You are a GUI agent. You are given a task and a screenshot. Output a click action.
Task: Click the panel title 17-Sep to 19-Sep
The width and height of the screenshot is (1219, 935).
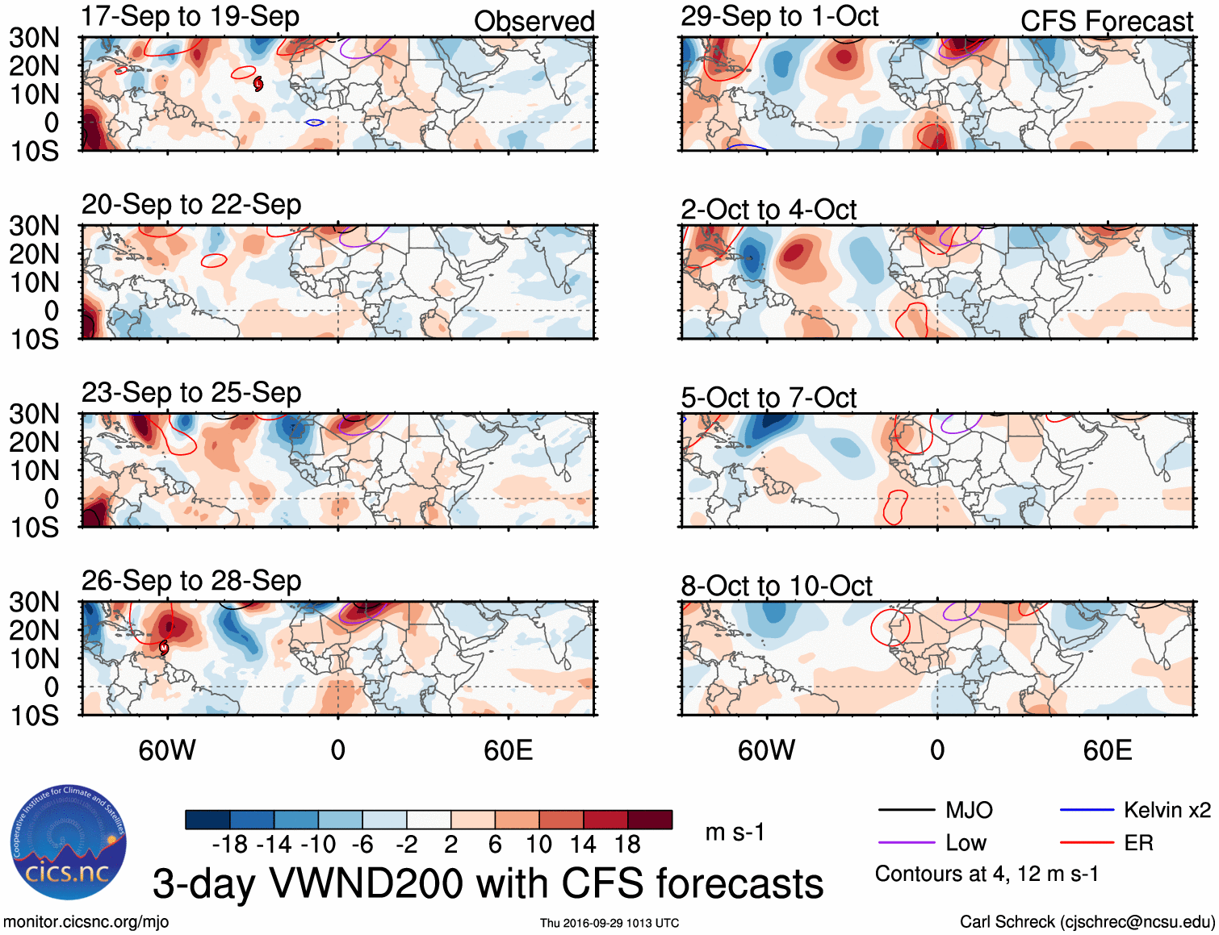(x=191, y=16)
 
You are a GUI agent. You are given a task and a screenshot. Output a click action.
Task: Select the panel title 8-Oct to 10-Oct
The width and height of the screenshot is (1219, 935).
(x=776, y=586)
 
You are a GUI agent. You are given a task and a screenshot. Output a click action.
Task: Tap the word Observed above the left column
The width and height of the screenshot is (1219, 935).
(x=534, y=22)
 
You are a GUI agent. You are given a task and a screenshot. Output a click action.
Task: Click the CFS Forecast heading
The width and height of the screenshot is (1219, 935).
(x=1106, y=22)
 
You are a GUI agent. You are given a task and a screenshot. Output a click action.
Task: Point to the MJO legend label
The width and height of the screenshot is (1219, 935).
(x=969, y=810)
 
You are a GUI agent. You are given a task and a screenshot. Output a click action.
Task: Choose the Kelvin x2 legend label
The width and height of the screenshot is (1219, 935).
(x=1167, y=810)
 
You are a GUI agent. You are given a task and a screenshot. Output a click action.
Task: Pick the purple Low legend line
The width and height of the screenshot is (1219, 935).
(x=907, y=843)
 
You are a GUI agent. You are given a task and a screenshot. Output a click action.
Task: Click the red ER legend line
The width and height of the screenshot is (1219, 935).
(x=1087, y=843)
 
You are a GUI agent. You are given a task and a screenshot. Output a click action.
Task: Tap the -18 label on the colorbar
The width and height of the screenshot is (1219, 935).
(x=229, y=845)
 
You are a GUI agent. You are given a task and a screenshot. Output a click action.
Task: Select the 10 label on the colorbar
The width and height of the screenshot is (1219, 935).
(x=538, y=845)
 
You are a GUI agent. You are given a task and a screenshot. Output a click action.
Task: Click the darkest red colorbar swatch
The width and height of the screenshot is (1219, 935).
(x=650, y=820)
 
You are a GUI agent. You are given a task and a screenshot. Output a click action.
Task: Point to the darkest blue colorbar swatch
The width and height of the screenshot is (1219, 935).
(x=207, y=820)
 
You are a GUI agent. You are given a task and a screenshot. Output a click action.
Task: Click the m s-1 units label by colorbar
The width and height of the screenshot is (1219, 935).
(x=735, y=832)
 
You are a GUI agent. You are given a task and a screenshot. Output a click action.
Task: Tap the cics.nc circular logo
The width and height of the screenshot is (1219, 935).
(x=69, y=843)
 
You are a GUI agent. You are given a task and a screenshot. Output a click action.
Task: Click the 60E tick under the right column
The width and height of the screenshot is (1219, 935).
(x=1107, y=750)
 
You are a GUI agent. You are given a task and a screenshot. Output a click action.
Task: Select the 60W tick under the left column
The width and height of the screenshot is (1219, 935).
(x=167, y=750)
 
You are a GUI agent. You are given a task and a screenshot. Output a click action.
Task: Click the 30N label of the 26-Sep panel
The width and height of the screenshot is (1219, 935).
(x=34, y=602)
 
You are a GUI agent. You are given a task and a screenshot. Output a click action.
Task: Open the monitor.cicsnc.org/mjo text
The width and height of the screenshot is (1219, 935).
(x=86, y=922)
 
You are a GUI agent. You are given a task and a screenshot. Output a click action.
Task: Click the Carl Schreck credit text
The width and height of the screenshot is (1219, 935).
(x=1087, y=922)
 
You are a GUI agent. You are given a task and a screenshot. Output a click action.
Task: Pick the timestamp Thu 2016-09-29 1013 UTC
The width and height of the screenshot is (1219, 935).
(x=609, y=923)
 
